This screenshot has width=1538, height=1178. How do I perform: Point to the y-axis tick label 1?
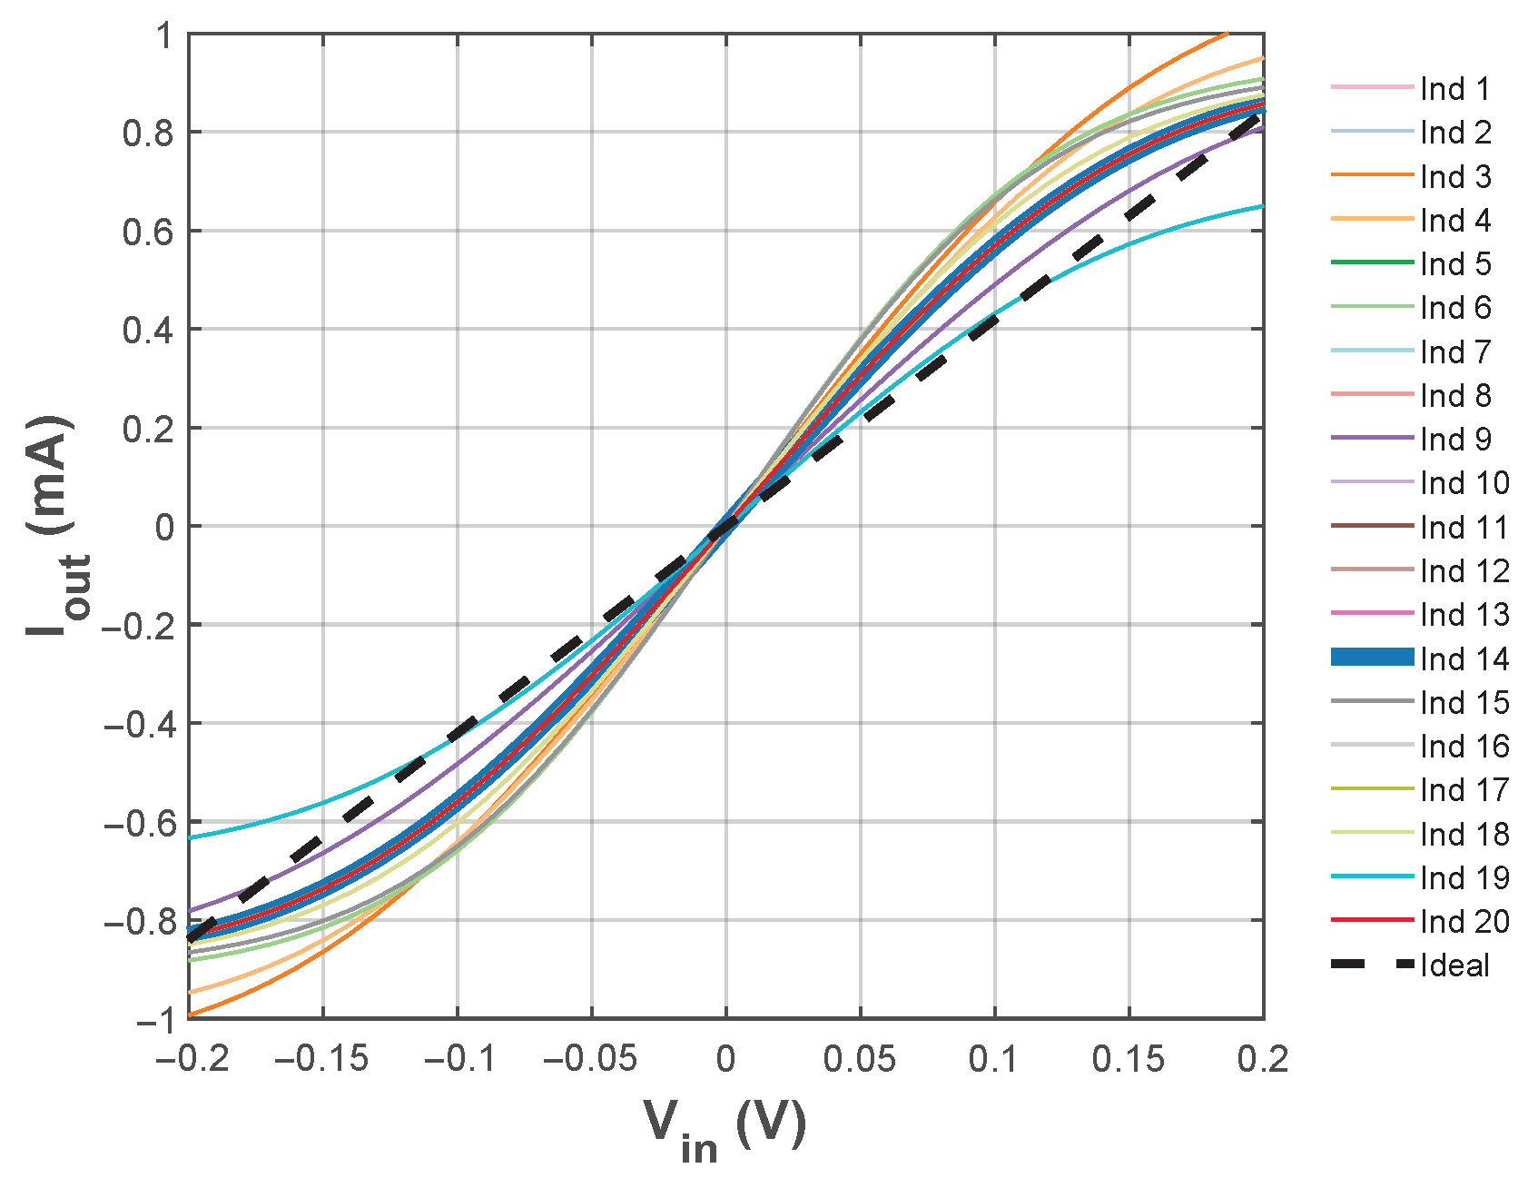(163, 36)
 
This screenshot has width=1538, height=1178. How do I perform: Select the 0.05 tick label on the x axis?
(860, 1059)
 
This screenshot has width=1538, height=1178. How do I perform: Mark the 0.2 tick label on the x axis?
(1262, 1059)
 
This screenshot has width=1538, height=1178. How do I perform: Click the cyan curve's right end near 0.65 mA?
(1261, 207)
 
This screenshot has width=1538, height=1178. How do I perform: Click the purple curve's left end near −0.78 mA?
(191, 910)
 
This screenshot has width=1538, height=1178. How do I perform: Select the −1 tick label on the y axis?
(154, 1020)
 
